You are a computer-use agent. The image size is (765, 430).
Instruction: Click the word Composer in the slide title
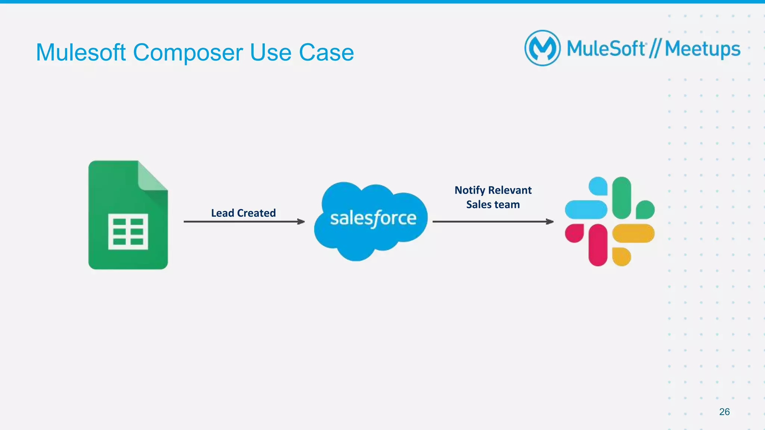click(188, 53)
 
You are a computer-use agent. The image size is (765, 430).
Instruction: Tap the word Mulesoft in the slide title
click(81, 52)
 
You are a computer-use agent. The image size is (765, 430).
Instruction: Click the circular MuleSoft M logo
click(542, 48)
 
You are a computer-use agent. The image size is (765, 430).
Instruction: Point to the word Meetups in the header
click(702, 49)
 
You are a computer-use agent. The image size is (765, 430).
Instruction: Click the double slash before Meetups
click(655, 49)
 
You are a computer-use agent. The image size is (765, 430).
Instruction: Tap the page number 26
click(724, 412)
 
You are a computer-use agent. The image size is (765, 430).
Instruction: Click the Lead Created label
click(243, 213)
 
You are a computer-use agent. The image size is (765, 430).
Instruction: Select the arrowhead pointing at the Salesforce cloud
click(301, 222)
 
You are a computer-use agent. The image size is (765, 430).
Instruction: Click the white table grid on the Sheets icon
click(128, 232)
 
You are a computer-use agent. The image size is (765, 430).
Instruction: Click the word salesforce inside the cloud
click(373, 218)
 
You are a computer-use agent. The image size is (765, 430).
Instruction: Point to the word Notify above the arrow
click(470, 190)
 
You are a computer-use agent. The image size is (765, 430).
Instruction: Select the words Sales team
click(493, 204)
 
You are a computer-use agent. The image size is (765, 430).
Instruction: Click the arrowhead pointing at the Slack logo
click(549, 222)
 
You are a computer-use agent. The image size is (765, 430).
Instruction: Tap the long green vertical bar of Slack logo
click(622, 198)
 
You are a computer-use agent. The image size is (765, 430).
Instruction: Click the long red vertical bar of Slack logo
click(598, 245)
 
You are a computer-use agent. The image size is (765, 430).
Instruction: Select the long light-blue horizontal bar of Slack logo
click(586, 210)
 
